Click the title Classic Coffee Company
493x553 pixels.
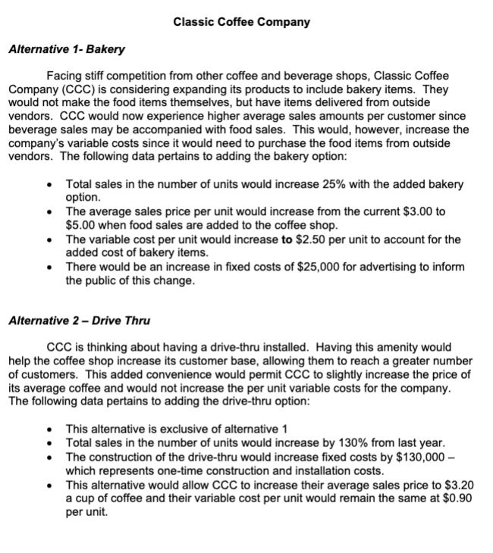tap(241, 22)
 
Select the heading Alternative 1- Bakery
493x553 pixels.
tap(66, 50)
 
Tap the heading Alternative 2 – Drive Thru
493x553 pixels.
tap(79, 320)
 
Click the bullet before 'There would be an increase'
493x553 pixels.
tap(49, 267)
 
